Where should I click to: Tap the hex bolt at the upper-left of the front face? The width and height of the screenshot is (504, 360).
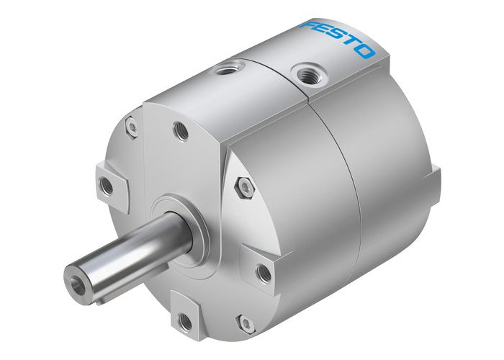(x=131, y=127)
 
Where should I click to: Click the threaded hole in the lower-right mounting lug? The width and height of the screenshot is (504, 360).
(x=264, y=273)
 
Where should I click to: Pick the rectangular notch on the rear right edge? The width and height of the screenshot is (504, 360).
(x=436, y=175)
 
